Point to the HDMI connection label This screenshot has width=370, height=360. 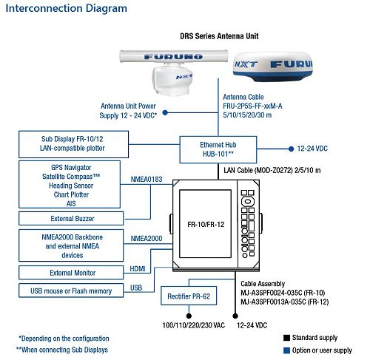pyautogui.click(x=138, y=268)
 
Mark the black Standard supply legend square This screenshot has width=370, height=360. pyautogui.click(x=286, y=338)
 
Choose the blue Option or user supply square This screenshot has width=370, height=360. pyautogui.click(x=286, y=350)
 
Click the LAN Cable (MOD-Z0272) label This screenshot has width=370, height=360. pyautogui.click(x=271, y=171)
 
